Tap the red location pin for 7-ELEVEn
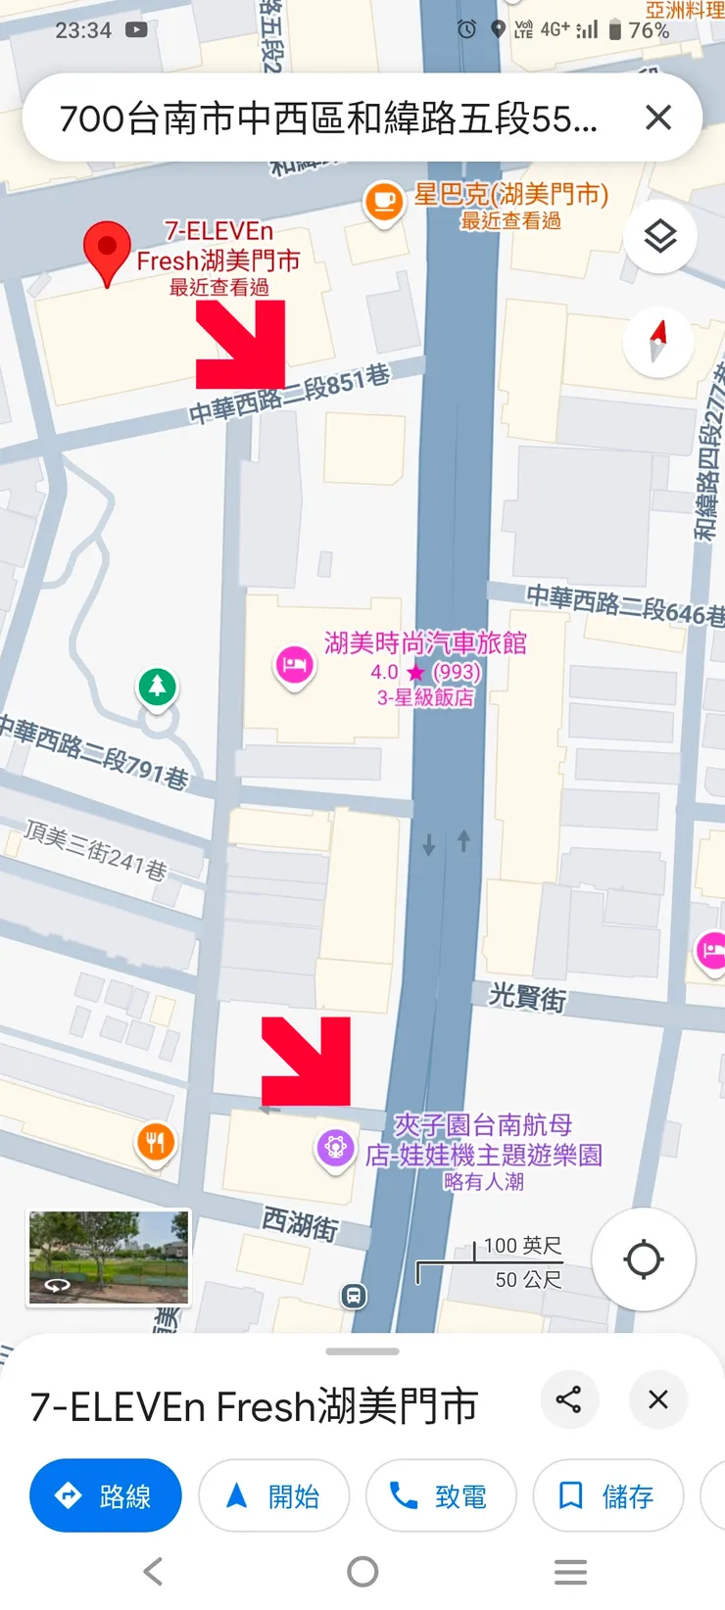108,249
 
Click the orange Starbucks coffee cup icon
383,202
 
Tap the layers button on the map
659,236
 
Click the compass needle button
658,342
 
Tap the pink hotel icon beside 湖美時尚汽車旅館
294,667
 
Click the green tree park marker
157,686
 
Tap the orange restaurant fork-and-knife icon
155,1142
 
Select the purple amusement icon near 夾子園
335,1147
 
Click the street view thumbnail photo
108,1257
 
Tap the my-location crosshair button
643,1259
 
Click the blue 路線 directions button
106,1495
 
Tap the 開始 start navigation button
273,1495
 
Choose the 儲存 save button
607,1495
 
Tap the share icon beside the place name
568,1399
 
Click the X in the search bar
658,118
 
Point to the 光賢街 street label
527,997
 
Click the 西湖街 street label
300,1224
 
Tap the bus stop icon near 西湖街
354,1297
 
